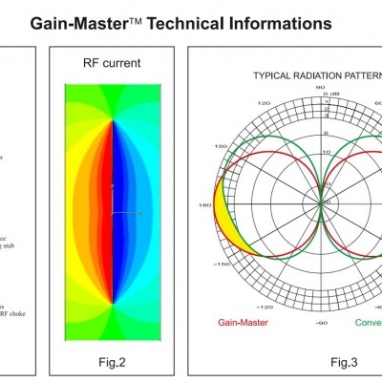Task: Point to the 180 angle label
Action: coord(203,204)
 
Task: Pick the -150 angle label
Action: coord(219,262)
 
